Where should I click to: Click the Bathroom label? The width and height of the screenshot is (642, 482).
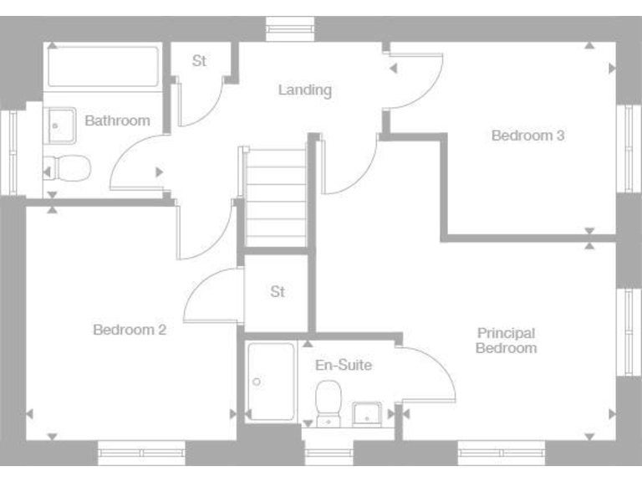click(117, 120)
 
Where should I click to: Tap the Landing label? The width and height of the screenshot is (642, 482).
click(305, 90)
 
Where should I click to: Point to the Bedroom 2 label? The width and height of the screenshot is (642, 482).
click(130, 330)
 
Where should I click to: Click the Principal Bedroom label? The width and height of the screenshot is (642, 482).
click(506, 340)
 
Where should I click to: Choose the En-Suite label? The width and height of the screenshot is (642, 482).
click(343, 365)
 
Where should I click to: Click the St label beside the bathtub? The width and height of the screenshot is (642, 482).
click(199, 61)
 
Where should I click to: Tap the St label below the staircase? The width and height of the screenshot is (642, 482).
click(278, 292)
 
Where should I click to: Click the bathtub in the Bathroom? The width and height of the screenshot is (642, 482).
click(103, 67)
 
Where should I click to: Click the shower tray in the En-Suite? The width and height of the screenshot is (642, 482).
click(271, 382)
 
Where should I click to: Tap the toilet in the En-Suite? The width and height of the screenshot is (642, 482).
click(329, 401)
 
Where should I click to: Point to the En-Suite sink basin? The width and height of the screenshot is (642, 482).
click(367, 414)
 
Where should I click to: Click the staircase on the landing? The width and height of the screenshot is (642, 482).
click(275, 197)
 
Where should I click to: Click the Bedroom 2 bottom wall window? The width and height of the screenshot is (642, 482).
click(141, 453)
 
